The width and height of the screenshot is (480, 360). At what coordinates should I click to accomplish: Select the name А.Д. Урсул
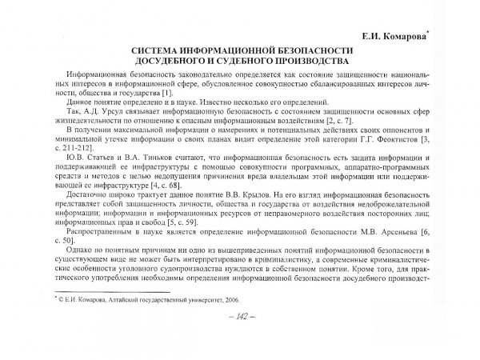(97, 113)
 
